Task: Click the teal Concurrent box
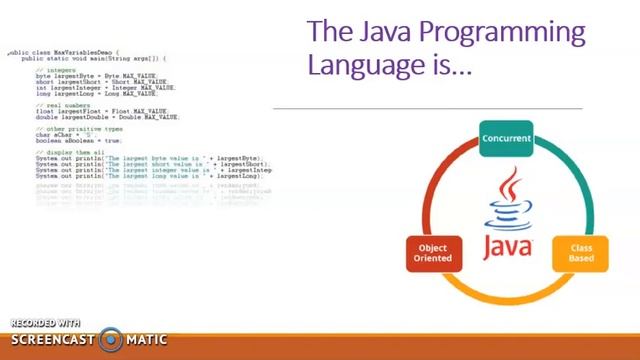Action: point(507,139)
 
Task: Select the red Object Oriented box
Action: point(433,253)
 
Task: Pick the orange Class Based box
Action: point(581,253)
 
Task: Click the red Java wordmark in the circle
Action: point(508,246)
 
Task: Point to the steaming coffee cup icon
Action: point(509,201)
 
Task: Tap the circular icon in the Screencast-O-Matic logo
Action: point(111,340)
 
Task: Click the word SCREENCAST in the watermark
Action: point(52,340)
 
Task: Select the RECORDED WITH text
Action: point(45,323)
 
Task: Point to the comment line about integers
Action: point(55,70)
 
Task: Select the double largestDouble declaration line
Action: point(107,117)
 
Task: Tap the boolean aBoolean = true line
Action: point(79,140)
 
